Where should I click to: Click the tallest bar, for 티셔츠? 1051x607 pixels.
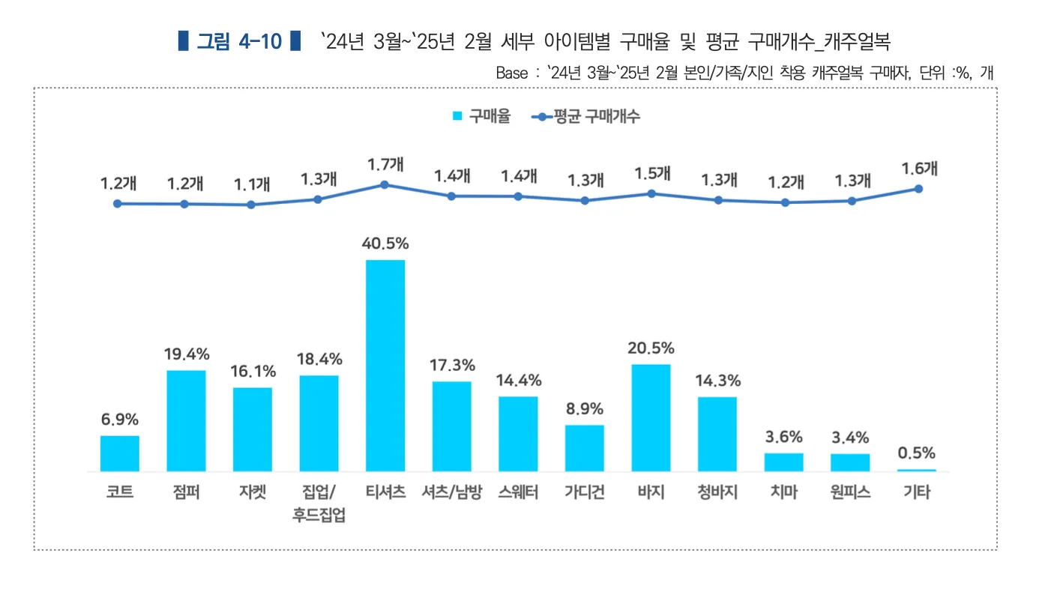[x=385, y=366]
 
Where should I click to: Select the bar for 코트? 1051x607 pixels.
[x=120, y=453]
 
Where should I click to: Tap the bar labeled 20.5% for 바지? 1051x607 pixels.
[x=651, y=417]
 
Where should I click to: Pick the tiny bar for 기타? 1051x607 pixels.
[x=916, y=470]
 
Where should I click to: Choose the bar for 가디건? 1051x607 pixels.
[x=585, y=448]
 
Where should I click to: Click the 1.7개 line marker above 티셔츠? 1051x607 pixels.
[x=385, y=184]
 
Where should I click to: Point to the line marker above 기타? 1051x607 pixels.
[x=918, y=189]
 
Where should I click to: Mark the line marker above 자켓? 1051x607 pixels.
[x=251, y=205]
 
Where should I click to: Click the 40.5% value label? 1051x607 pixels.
[x=385, y=244]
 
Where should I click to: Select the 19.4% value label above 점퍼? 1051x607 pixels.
[x=187, y=354]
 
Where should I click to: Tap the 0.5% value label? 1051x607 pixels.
[x=916, y=453]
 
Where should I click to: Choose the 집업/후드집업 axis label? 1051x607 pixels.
[x=319, y=504]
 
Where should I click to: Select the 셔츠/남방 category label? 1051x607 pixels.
[x=451, y=493]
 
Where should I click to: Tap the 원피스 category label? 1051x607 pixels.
[x=850, y=493]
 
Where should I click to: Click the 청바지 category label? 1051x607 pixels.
[x=717, y=493]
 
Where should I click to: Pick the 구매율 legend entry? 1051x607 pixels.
[x=483, y=116]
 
